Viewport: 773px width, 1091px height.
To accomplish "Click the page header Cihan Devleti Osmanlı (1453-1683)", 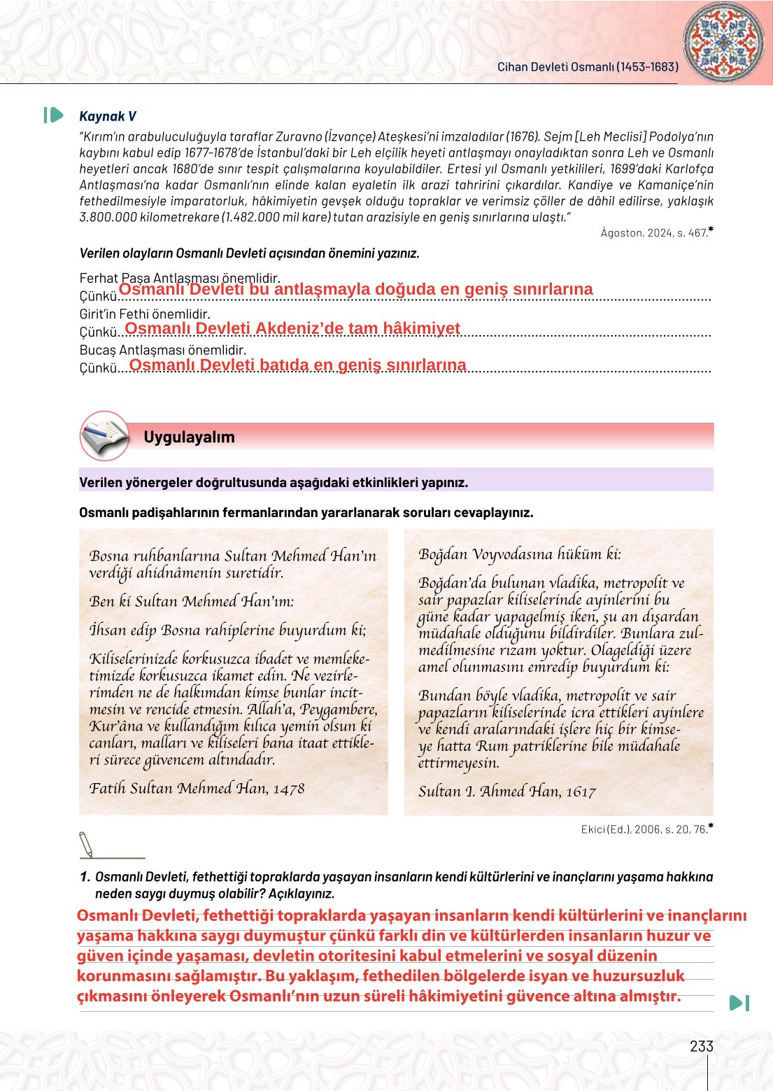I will coord(588,67).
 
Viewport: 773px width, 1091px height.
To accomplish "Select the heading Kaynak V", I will coord(108,116).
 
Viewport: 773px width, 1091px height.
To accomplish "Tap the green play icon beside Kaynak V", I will coord(54,115).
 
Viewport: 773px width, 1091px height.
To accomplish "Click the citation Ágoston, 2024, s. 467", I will coord(656,233).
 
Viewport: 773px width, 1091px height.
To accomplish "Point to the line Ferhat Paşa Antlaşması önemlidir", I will coord(179,278).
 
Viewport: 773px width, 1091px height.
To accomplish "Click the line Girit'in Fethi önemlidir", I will coord(145,314).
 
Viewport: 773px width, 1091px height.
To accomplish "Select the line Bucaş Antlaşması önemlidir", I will coord(162,350).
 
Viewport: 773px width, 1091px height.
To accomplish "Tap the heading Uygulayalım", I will coord(189,437).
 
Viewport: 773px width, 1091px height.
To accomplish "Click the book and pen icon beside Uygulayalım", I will coord(104,436).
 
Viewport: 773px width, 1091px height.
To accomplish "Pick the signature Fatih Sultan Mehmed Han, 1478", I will coord(197,789).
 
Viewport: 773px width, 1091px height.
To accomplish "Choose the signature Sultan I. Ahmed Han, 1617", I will coord(506,791).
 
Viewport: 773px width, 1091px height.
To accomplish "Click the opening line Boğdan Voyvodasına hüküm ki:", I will coord(519,554).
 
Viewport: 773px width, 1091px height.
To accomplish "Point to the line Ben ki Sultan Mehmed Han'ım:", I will coord(192,602).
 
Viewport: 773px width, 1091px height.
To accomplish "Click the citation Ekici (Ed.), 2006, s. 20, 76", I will coord(646,829).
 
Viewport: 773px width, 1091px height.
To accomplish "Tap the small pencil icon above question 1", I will coord(86,844).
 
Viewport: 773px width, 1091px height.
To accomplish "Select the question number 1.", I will coord(85,877).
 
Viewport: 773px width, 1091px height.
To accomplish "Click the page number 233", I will coord(701,1046).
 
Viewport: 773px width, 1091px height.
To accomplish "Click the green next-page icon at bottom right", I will coord(739,1003).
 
